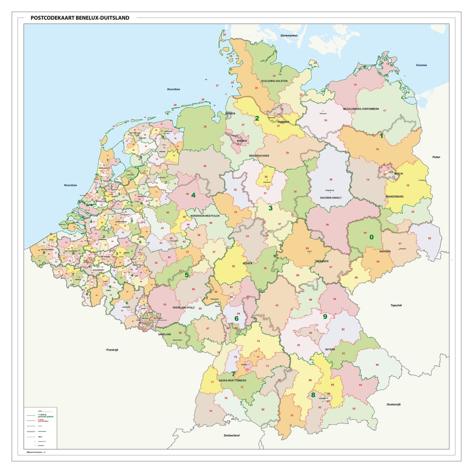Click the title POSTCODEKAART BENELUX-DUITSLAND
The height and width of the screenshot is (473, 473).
click(80, 18)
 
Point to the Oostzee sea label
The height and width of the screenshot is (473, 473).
click(421, 65)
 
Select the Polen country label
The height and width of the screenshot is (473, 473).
click(436, 157)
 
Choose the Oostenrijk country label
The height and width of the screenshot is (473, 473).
click(394, 404)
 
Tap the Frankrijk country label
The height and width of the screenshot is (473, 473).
click(112, 350)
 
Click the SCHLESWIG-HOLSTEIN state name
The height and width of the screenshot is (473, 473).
click(274, 81)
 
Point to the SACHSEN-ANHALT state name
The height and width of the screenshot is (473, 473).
click(330, 198)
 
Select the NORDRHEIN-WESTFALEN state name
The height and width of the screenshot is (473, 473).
click(205, 216)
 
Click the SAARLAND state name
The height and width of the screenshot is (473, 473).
click(165, 334)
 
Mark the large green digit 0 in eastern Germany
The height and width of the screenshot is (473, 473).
click(371, 237)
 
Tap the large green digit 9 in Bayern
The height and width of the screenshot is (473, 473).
click(325, 316)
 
